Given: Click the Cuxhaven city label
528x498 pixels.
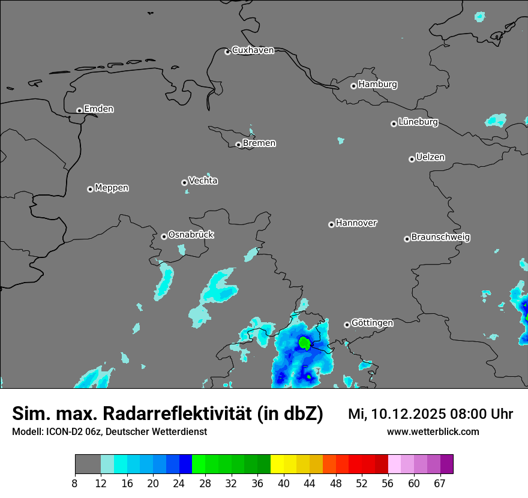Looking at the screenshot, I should pyautogui.click(x=253, y=50).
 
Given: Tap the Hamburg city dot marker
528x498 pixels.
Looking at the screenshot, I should pyautogui.click(x=353, y=86).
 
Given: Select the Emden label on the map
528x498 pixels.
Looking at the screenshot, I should pyautogui.click(x=98, y=109).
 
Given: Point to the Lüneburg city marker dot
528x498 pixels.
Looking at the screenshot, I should pyautogui.click(x=394, y=124).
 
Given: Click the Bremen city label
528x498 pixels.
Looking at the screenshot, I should pyautogui.click(x=259, y=143).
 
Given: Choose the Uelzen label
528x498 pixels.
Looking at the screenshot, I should pyautogui.click(x=430, y=157).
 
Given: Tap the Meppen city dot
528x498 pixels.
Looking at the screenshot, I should pyautogui.click(x=90, y=189).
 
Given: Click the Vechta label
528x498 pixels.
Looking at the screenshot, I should pyautogui.click(x=203, y=181).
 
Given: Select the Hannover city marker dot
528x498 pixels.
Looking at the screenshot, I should pyautogui.click(x=331, y=224).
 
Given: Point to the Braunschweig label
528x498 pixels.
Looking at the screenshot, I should pyautogui.click(x=440, y=237).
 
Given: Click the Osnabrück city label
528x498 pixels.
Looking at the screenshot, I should pyautogui.click(x=191, y=235).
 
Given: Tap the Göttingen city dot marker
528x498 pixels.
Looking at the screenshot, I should pyautogui.click(x=347, y=325).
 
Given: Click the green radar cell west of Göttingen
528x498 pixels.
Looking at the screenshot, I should pyautogui.click(x=304, y=343).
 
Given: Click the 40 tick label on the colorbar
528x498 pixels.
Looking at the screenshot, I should pyautogui.click(x=284, y=483).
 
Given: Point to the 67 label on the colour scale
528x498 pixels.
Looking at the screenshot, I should pyautogui.click(x=440, y=483).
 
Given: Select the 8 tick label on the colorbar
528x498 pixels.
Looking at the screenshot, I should pyautogui.click(x=75, y=483).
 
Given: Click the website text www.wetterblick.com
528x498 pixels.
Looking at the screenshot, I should pyautogui.click(x=433, y=431).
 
